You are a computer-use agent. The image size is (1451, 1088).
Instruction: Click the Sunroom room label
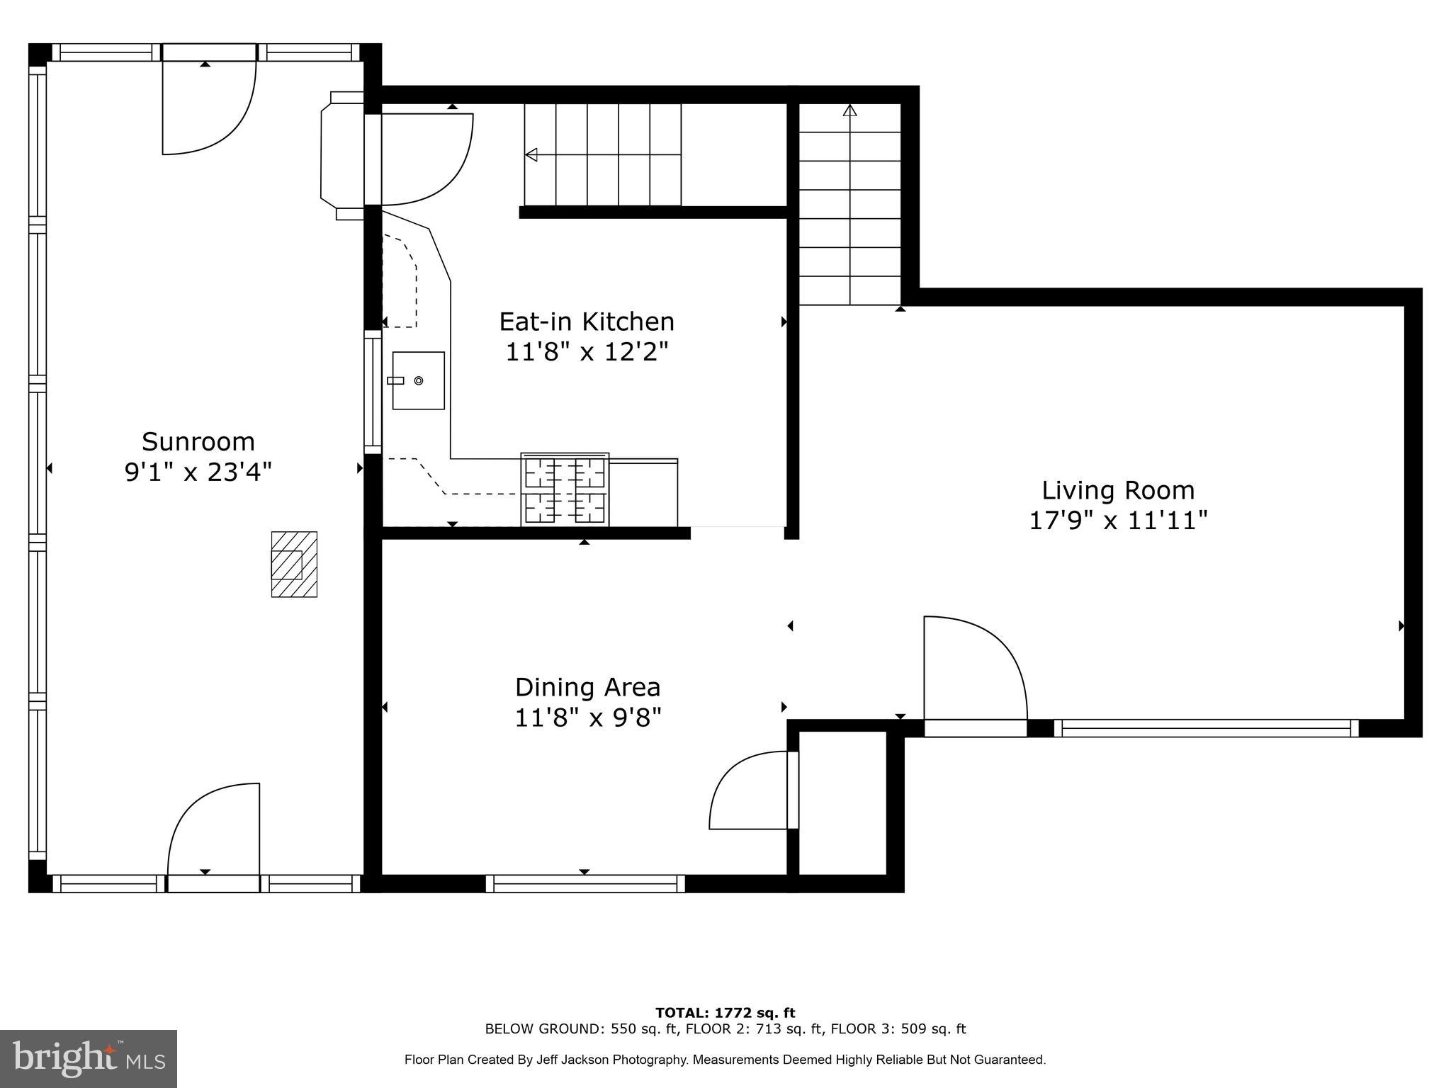(x=198, y=442)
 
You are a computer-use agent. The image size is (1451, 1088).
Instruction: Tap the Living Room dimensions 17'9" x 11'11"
(x=1117, y=521)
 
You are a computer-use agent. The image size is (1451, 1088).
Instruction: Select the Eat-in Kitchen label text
(x=587, y=322)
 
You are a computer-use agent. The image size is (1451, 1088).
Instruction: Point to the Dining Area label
(x=587, y=687)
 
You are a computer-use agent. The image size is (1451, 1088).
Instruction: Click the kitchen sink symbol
(x=418, y=380)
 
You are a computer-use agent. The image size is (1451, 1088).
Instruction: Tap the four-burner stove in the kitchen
(x=565, y=489)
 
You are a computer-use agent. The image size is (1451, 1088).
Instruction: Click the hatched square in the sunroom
(x=294, y=564)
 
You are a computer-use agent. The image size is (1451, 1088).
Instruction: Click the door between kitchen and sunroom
(x=425, y=159)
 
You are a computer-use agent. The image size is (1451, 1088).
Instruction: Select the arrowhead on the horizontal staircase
(x=531, y=154)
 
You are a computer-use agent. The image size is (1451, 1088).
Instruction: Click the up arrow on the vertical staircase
(x=850, y=110)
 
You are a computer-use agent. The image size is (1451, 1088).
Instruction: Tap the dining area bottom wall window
(x=585, y=883)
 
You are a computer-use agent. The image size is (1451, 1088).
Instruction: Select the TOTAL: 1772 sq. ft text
(x=725, y=1013)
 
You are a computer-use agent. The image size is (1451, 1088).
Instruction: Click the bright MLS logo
(x=89, y=1058)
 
